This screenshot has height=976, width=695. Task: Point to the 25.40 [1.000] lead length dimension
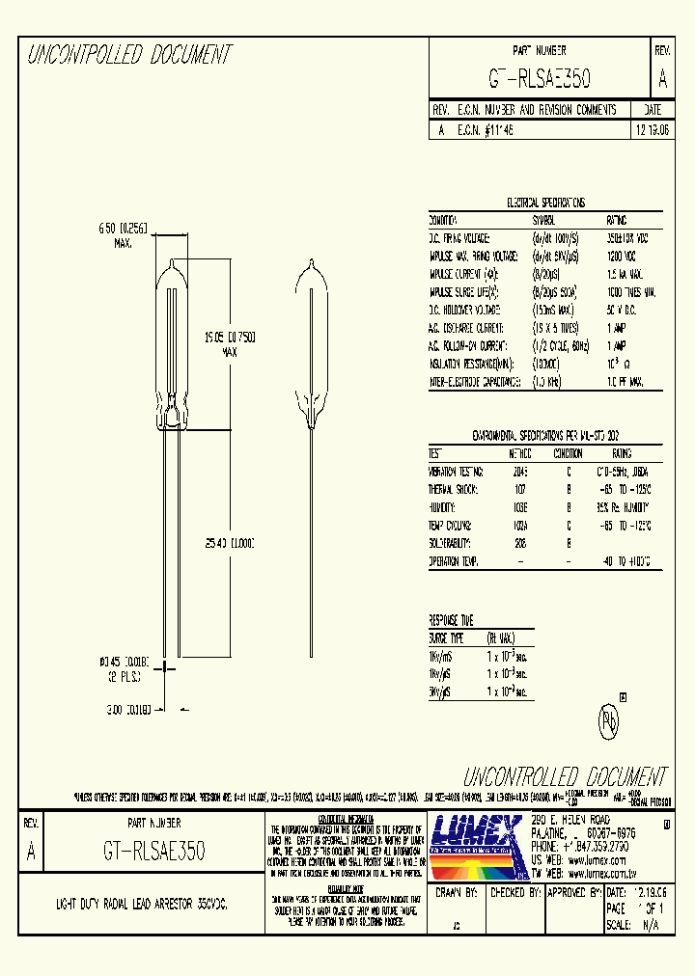click(229, 544)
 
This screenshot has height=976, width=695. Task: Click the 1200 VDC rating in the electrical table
click(622, 256)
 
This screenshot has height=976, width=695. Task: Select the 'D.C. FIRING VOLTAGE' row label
click(459, 237)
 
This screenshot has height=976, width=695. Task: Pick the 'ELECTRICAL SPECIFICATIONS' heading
click(545, 203)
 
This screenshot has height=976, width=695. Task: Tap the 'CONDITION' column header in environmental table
click(568, 453)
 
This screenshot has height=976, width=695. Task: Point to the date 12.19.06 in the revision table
click(652, 128)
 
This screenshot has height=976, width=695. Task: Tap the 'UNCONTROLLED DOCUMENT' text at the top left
click(129, 55)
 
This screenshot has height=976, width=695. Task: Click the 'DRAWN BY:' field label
click(457, 894)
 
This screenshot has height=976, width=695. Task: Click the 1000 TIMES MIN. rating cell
click(631, 291)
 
